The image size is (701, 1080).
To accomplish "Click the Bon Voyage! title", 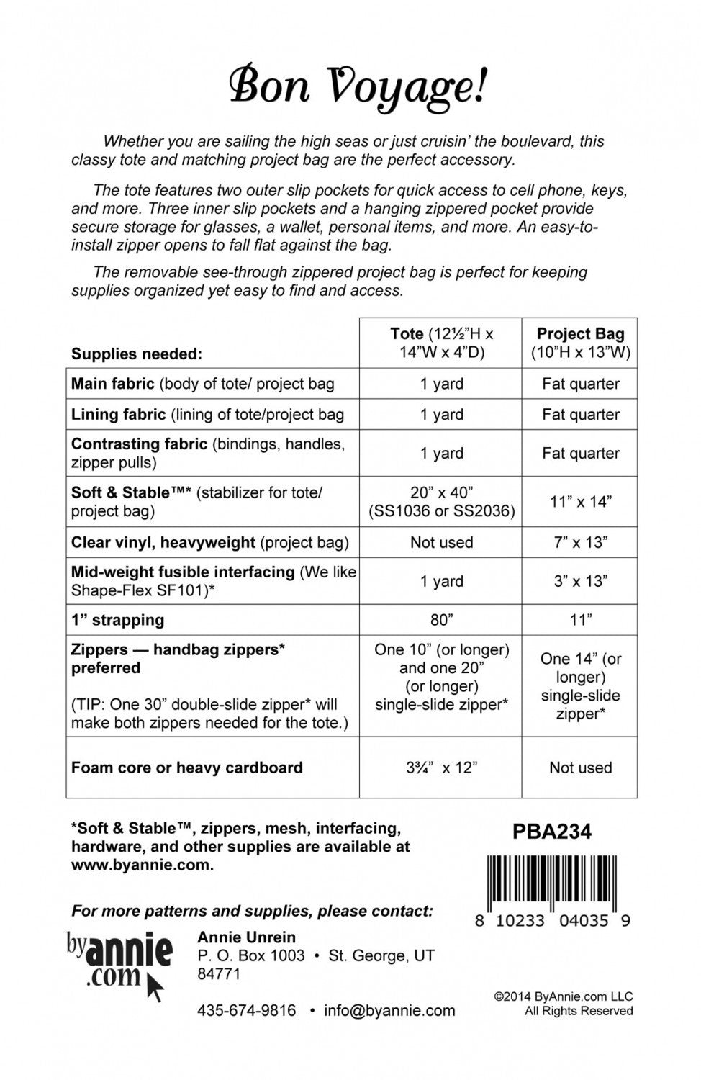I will [358, 87].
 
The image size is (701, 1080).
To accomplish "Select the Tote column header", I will [441, 343].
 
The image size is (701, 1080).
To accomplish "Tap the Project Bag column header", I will [580, 343].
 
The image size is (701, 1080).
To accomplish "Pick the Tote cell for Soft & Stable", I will [441, 502].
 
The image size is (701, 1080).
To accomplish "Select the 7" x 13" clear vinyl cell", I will [580, 542].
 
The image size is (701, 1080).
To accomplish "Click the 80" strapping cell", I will [441, 620].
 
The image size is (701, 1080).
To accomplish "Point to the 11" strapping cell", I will [580, 620].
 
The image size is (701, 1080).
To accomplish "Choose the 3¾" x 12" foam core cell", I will [441, 768].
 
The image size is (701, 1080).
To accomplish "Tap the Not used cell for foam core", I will [580, 768].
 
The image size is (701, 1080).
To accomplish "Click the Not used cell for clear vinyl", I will [441, 542].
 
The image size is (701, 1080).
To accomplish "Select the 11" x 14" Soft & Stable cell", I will [580, 502].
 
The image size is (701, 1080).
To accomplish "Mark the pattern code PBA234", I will [552, 832].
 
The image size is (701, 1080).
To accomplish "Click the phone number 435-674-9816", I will [246, 1011].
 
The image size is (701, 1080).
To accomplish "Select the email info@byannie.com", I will [389, 1011].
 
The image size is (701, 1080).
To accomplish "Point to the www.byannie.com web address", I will [142, 865].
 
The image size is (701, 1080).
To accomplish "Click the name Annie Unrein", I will [246, 937].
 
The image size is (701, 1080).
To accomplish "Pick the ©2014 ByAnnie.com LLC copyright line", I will [564, 997].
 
